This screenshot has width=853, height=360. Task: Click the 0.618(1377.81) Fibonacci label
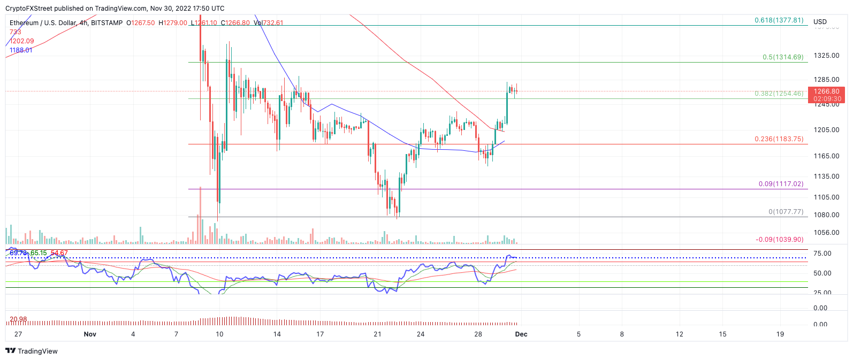tap(779, 20)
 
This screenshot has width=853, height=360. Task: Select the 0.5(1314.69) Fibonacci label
tap(783, 57)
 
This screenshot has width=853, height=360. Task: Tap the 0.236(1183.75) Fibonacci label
tap(779, 139)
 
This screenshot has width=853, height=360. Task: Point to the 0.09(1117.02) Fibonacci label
tap(781, 184)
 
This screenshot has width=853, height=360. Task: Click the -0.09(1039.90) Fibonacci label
tap(779, 240)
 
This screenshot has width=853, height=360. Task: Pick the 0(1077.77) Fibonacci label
tap(786, 212)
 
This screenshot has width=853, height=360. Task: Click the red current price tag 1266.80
tap(827, 91)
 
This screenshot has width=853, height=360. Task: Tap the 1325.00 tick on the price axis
tap(826, 56)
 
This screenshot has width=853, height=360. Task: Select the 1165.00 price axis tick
tap(826, 156)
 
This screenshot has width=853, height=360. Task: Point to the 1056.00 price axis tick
tap(826, 233)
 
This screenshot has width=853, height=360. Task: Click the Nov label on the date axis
tap(90, 334)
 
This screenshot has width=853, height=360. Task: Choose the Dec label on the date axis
tap(521, 334)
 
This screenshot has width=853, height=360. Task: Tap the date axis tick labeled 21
tap(377, 334)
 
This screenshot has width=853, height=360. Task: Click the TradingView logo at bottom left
tap(32, 351)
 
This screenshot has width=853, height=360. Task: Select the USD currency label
tap(820, 22)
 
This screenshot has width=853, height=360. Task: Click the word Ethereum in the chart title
tap(24, 23)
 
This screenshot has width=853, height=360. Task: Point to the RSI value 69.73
tap(18, 253)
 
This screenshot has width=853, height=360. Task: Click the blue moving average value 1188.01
tap(21, 50)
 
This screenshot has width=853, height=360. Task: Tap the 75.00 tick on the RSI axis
tap(822, 254)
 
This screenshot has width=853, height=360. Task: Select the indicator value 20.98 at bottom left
tap(18, 319)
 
